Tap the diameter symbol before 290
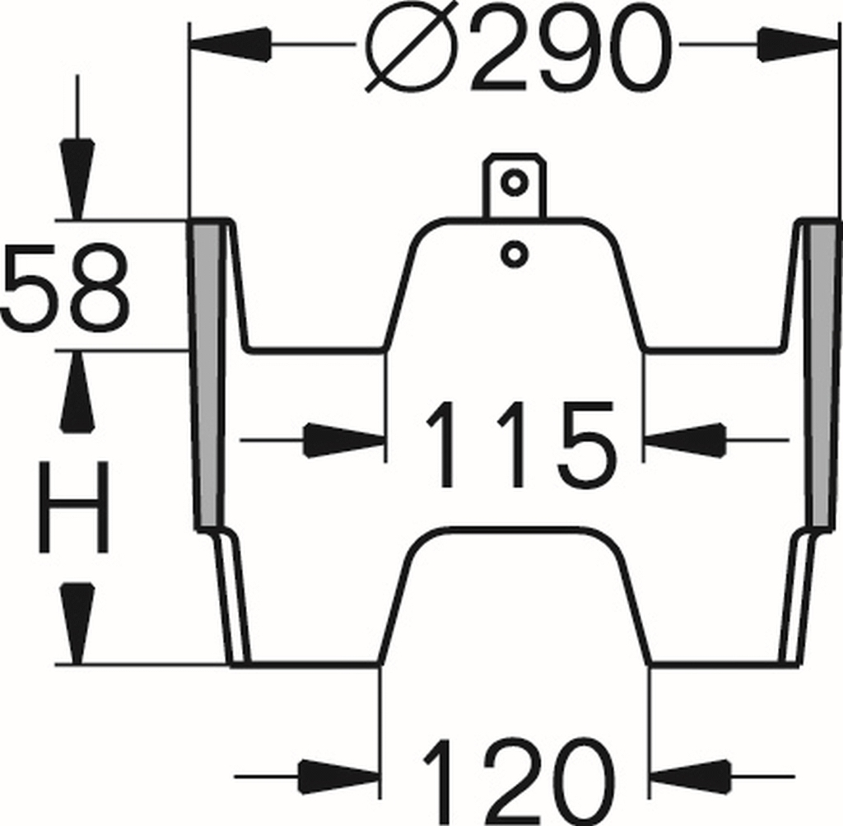[x=409, y=49]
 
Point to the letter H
[x=75, y=507]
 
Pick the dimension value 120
[x=518, y=778]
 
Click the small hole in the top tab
[x=515, y=182]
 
